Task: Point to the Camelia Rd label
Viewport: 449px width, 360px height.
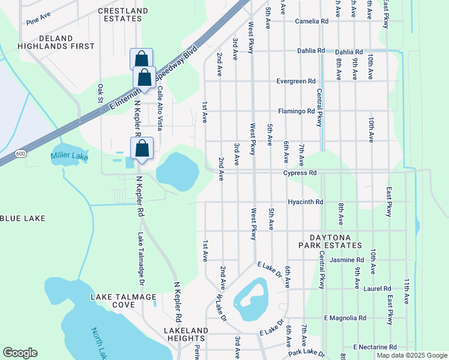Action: pos(312,21)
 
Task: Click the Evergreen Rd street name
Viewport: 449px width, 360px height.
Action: pos(296,81)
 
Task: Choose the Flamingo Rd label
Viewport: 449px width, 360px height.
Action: pos(297,111)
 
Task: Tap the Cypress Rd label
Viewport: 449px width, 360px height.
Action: pos(300,173)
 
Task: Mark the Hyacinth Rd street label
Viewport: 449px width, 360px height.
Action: pos(306,202)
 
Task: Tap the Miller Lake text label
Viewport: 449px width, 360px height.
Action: pos(69,157)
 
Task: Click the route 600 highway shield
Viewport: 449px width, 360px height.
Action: pos(21,154)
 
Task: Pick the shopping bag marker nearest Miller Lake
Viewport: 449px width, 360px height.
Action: pos(142,149)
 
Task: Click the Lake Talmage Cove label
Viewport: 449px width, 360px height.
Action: pos(123,301)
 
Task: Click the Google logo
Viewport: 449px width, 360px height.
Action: pos(20,353)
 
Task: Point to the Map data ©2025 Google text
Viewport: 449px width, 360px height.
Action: pos(411,355)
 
